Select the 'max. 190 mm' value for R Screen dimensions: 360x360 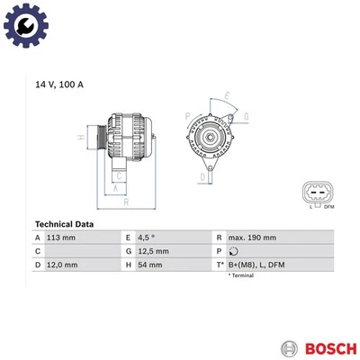point(251,238)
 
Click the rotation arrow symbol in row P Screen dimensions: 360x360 point(233,252)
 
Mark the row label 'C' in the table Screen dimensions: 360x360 point(38,252)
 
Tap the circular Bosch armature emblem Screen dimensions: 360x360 point(288,346)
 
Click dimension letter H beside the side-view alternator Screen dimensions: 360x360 point(80,136)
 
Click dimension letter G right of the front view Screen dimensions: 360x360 point(246,117)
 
